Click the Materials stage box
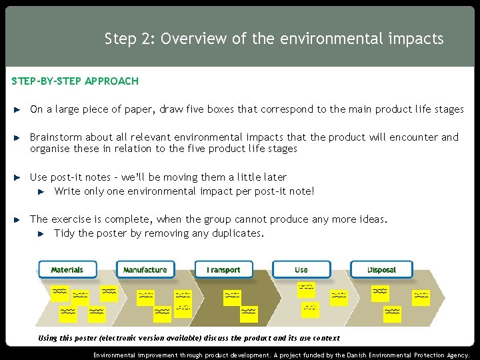click(67, 270)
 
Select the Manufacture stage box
click(145, 270)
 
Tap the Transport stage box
click(223, 270)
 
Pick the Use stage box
click(301, 270)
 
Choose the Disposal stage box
click(381, 270)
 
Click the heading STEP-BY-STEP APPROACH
click(75, 81)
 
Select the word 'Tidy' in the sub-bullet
click(64, 233)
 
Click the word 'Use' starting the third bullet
click(39, 177)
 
